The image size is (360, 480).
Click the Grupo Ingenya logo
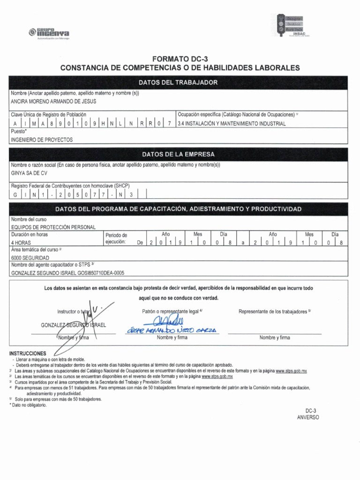49,33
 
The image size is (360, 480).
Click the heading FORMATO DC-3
180,59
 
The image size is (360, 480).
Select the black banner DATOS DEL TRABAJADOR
180,82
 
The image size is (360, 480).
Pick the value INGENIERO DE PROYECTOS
41,140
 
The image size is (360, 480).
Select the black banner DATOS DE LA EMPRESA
180,154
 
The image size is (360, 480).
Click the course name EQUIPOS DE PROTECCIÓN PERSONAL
53,227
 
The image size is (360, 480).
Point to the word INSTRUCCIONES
28,352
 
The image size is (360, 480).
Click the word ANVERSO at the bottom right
307,417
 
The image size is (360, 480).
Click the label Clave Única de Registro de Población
49,114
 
